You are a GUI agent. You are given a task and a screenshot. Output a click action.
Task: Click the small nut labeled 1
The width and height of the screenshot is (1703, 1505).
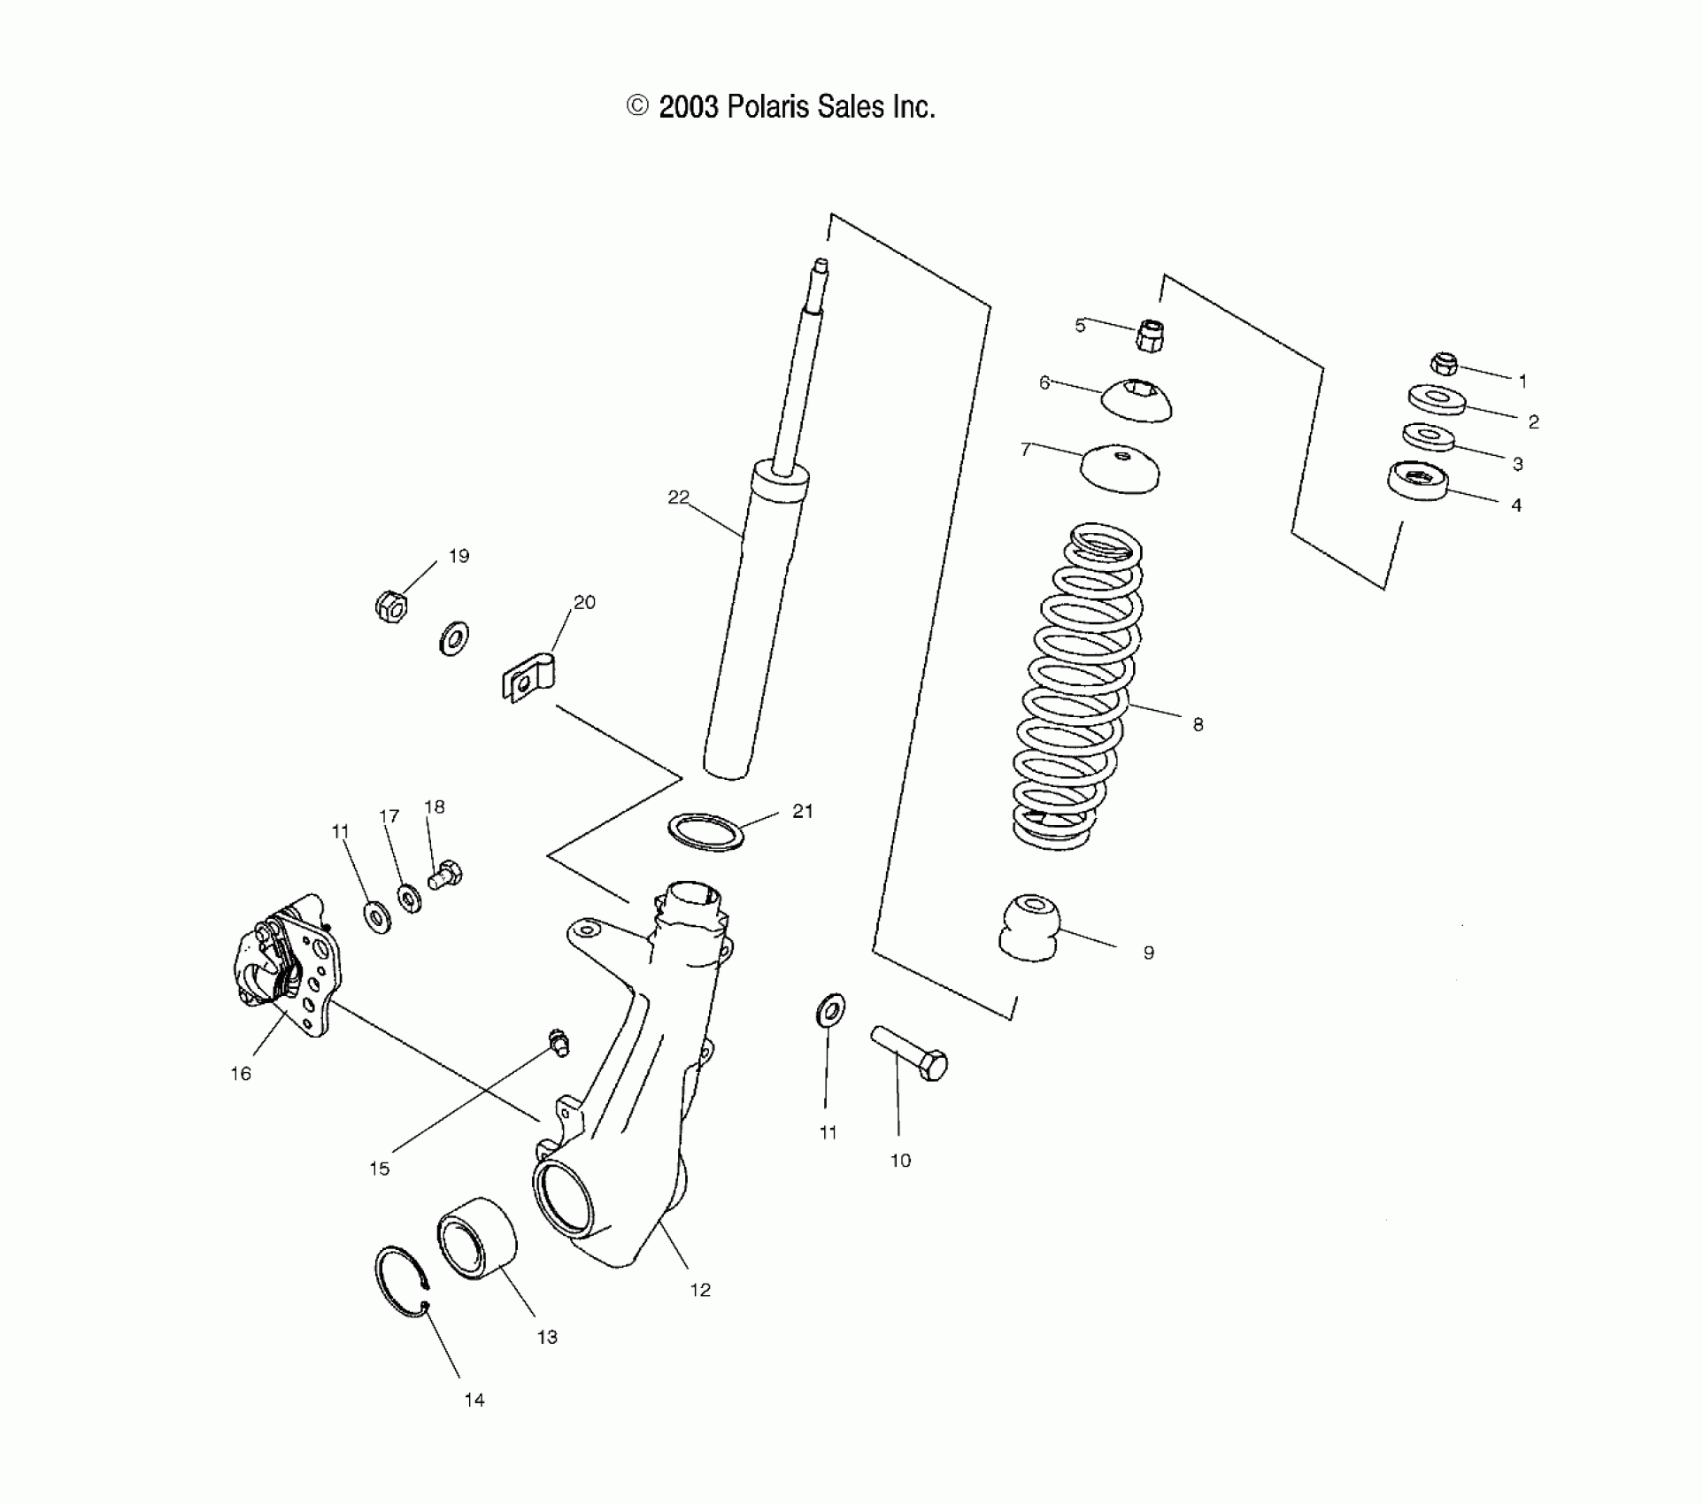tap(1445, 363)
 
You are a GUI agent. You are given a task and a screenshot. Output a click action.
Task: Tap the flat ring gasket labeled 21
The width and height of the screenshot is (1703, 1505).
tap(705, 832)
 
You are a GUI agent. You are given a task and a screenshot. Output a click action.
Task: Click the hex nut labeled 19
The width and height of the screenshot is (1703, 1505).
tap(389, 606)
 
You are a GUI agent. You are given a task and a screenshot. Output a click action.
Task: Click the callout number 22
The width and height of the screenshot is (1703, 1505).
tap(678, 498)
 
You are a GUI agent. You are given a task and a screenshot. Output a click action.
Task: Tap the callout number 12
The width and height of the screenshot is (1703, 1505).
tap(700, 1290)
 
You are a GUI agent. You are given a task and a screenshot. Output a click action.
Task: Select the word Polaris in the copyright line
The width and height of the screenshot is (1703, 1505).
tap(768, 108)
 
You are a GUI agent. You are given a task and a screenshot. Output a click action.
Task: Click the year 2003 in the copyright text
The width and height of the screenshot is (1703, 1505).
tap(689, 108)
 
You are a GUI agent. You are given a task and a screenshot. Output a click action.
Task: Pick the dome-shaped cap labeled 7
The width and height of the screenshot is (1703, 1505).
tap(1121, 467)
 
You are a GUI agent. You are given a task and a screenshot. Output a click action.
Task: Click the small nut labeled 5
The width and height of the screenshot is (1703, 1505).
tap(1148, 336)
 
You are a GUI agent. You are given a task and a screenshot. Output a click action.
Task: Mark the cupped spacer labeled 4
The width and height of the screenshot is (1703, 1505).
tap(1418, 481)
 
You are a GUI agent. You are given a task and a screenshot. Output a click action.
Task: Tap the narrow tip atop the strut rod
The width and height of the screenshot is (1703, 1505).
tap(821, 266)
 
